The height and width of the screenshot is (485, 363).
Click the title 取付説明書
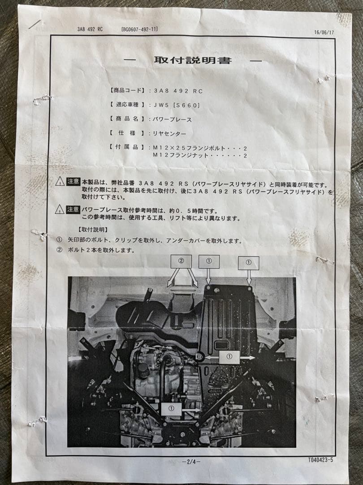point(193,60)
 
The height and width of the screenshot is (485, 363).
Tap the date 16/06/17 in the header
point(324,32)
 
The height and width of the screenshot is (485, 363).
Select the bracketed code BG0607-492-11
point(139,29)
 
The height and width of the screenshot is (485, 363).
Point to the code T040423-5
point(320,460)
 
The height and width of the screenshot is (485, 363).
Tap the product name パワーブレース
point(173,119)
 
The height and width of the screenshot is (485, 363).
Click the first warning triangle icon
point(60,181)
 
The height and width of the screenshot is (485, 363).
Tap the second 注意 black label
point(73,209)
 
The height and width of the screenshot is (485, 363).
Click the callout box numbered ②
point(181,261)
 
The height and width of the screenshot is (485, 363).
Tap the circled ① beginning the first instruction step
point(59,241)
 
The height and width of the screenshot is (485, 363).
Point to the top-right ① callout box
point(249,263)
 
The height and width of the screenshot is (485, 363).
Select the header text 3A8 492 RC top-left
point(90,29)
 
